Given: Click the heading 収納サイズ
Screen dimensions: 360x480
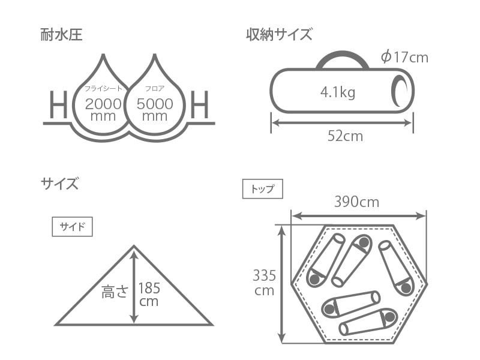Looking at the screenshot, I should coord(279,34).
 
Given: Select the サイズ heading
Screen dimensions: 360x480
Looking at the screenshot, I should coord(59,183).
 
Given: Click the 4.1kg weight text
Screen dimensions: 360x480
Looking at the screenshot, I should coord(338,92).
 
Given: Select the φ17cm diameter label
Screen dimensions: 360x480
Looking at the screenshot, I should coord(404,57).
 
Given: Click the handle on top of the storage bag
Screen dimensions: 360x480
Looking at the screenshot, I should coord(342,58).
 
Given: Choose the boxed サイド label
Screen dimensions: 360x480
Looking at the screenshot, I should coord(72,227).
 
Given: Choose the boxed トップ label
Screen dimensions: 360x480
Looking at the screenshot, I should coord(262,189).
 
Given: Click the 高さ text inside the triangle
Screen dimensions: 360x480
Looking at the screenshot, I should coord(115,292).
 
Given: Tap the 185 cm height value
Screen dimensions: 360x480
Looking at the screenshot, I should coord(149,293).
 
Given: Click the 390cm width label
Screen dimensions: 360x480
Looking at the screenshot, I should coord(356,202).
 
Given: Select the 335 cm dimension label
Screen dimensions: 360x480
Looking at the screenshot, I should coord(264,283).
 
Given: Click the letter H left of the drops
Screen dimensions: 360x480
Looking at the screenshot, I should coord(58,106).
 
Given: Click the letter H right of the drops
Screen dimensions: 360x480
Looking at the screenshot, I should coord(200,106).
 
